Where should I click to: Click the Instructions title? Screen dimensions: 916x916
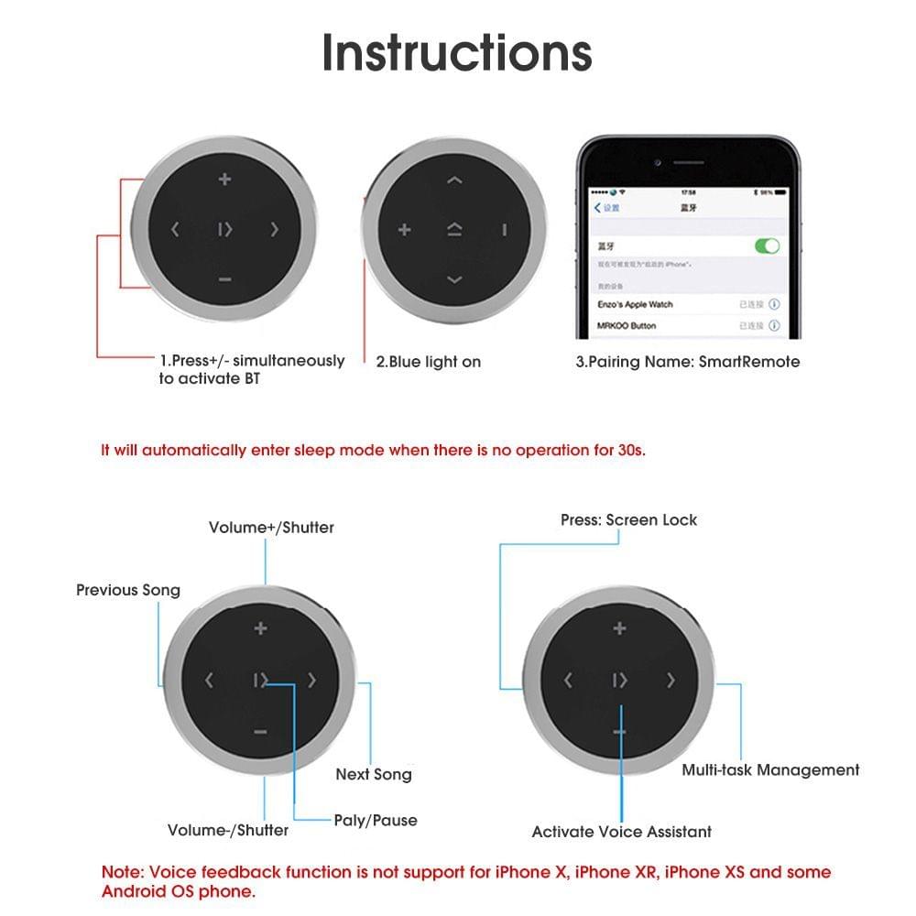(457, 52)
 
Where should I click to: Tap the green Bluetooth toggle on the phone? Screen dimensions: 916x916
(766, 245)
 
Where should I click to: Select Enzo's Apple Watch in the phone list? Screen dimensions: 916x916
(635, 304)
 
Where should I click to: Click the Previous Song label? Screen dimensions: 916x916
(128, 590)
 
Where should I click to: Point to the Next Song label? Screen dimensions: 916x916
(374, 774)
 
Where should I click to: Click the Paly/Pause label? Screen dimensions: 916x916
(376, 820)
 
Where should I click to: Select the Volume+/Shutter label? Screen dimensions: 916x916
(271, 528)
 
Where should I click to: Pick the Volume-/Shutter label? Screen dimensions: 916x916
(228, 830)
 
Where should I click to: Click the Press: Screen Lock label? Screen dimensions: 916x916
(628, 519)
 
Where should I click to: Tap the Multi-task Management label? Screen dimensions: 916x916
(770, 769)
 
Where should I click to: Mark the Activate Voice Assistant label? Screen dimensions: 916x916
(621, 832)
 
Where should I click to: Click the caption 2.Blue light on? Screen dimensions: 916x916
(428, 362)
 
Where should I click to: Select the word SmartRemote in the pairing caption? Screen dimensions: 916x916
(749, 362)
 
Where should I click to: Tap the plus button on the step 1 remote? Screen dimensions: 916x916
(224, 180)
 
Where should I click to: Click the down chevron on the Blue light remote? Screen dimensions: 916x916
(454, 279)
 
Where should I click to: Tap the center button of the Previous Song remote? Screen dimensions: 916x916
(261, 680)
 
